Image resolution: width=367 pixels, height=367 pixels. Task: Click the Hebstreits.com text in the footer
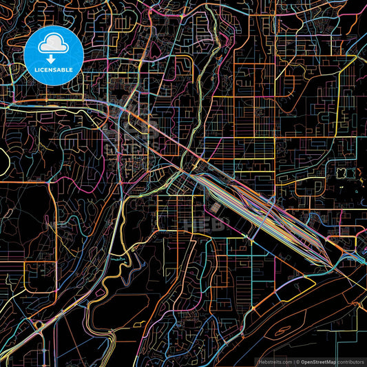(x=271, y=361)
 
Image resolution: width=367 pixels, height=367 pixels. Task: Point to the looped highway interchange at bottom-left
(x=28, y=331)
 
